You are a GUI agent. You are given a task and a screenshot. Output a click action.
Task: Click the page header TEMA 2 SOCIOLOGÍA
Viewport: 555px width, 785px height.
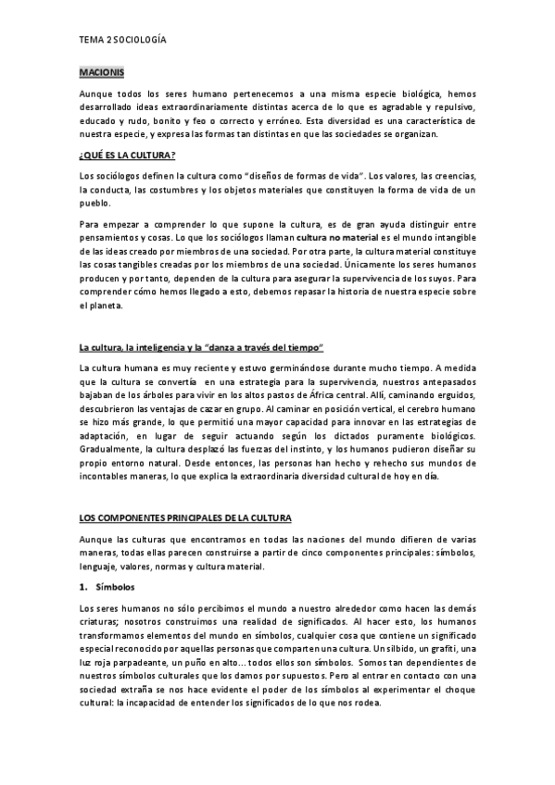[x=122, y=41]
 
